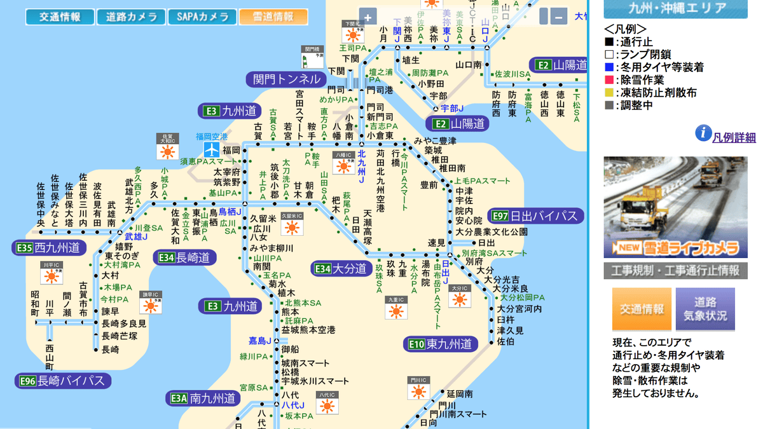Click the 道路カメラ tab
point(132,17)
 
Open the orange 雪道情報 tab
point(273,17)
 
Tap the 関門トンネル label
point(286,79)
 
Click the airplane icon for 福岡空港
point(211,149)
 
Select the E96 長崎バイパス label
point(63,381)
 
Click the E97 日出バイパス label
point(535,215)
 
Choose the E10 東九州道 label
point(440,344)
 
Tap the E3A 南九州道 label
point(203,398)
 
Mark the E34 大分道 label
point(341,268)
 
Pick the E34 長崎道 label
point(184,257)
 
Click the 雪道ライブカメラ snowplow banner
point(675,207)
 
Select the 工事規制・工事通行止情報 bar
point(675,271)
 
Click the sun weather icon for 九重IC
point(396,310)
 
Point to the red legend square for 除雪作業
point(609,79)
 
